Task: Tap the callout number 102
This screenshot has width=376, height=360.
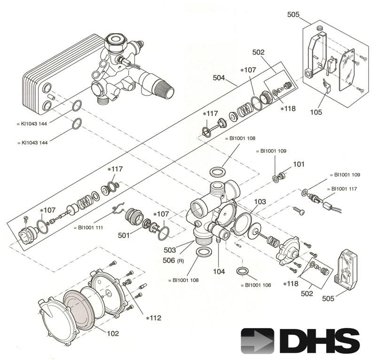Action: pos(112,333)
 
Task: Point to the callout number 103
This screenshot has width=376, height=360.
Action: pos(260,201)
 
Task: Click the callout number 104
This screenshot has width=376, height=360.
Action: pos(219,272)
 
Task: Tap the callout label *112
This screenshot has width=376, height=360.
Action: pos(154,318)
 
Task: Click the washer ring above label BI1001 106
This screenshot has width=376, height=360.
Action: pos(243,272)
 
